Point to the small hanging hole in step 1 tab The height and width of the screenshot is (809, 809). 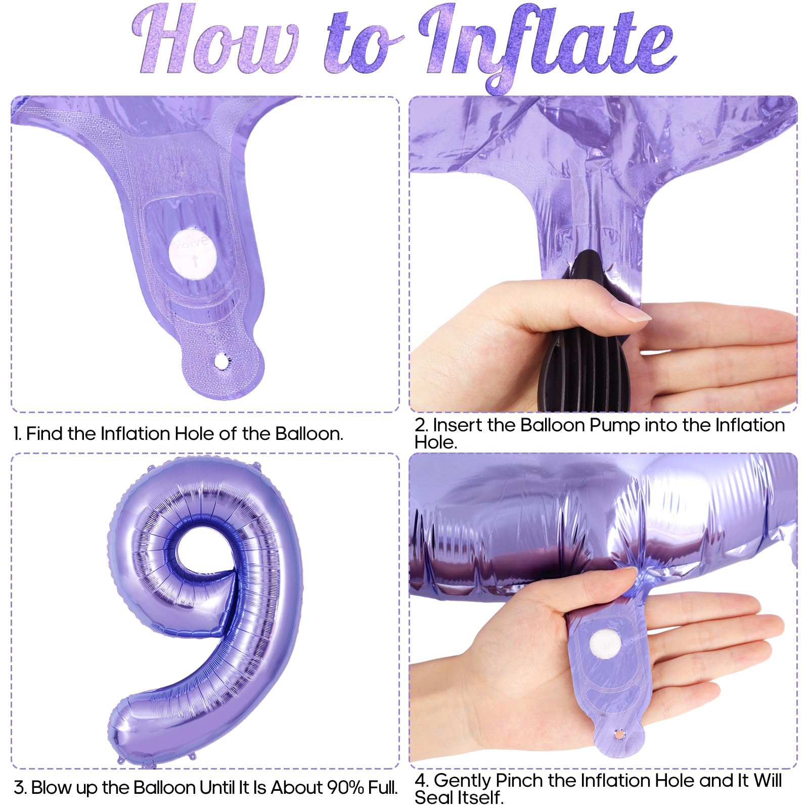pyautogui.click(x=221, y=362)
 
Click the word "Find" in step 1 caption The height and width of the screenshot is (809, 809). pyautogui.click(x=46, y=433)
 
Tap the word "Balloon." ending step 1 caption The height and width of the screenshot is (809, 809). pyautogui.click(x=309, y=433)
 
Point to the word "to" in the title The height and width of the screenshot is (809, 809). pyautogui.click(x=362, y=48)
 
